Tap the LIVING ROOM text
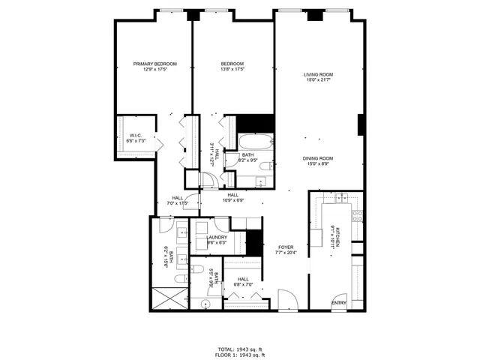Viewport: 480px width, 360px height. click(x=318, y=74)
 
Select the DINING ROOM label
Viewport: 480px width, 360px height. click(x=318, y=158)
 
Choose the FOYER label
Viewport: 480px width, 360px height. click(x=285, y=247)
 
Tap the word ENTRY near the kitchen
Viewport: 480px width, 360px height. click(x=340, y=302)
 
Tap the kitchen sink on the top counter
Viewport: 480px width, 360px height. click(x=339, y=198)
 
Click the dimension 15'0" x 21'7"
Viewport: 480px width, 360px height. click(x=318, y=80)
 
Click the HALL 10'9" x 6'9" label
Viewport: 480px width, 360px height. click(x=233, y=197)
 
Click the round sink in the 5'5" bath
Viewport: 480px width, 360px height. click(x=203, y=303)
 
